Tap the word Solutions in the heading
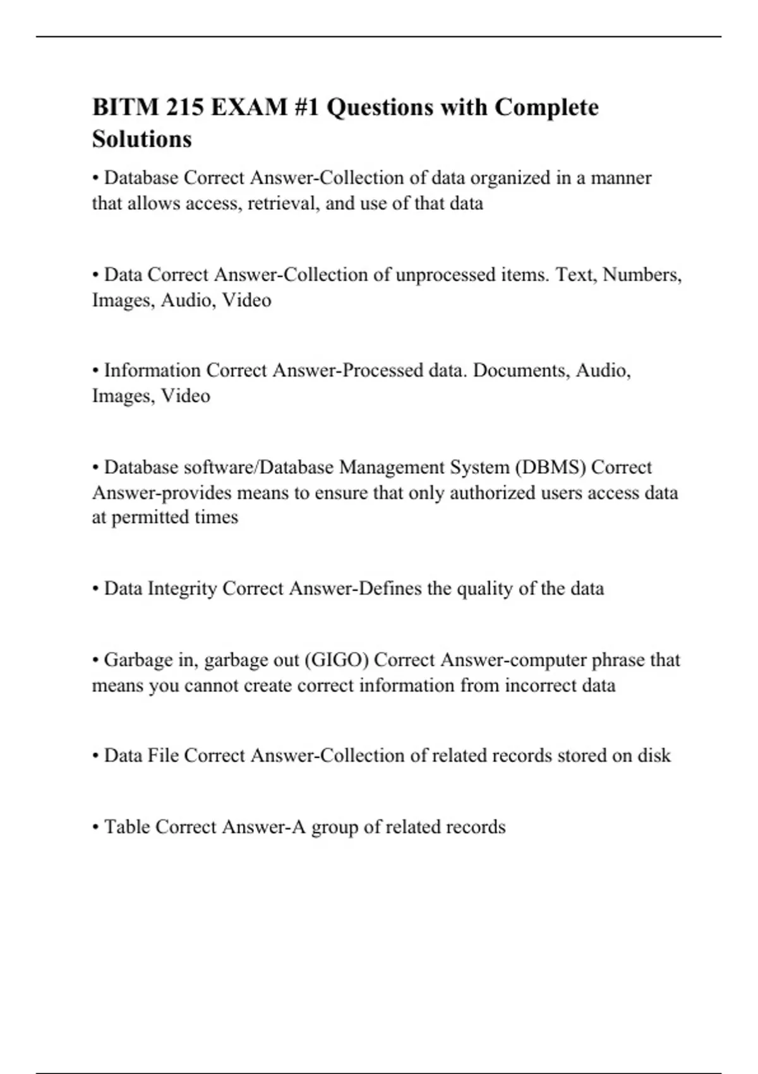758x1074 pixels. coord(142,139)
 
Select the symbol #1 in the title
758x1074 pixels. coord(306,107)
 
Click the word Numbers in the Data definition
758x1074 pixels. coord(642,275)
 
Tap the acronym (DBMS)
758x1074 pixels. coord(550,468)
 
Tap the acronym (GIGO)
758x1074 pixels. coord(337,660)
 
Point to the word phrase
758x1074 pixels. coord(618,660)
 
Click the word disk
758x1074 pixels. coord(654,756)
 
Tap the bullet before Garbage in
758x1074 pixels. coord(96,661)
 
